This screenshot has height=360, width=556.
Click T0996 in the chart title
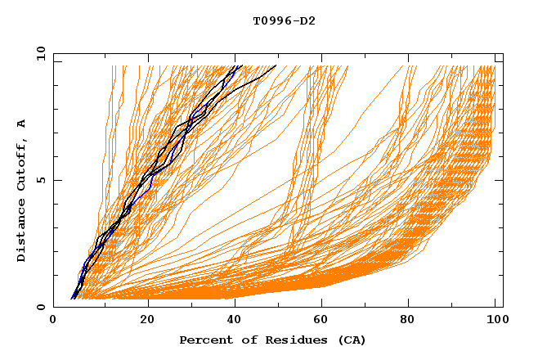tap(270, 21)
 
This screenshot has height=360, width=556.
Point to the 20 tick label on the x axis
tap(148, 321)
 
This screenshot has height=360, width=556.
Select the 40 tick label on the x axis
tap(237, 321)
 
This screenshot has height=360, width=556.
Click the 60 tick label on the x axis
tap(325, 321)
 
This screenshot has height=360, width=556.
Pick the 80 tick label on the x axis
tap(415, 321)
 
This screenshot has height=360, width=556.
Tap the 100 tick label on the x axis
tap(495, 321)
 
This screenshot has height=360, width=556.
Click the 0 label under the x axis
tap(53, 321)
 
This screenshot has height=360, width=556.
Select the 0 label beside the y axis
tap(41, 307)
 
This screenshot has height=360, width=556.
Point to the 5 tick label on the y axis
tap(41, 180)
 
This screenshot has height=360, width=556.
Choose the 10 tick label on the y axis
tap(38, 53)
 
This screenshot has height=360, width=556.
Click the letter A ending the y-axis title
tap(22, 123)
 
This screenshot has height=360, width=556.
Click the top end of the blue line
tap(236, 66)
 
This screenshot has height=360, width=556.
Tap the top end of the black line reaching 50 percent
tap(276, 65)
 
